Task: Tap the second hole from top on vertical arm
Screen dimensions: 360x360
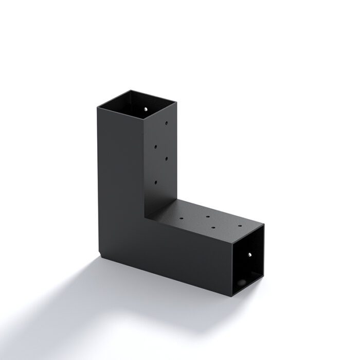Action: click(x=155, y=146)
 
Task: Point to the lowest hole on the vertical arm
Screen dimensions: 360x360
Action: click(x=155, y=182)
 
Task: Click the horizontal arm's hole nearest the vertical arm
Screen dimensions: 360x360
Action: click(x=183, y=218)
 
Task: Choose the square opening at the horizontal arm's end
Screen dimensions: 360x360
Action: click(x=248, y=260)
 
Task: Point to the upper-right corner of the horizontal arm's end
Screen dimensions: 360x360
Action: click(x=265, y=224)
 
